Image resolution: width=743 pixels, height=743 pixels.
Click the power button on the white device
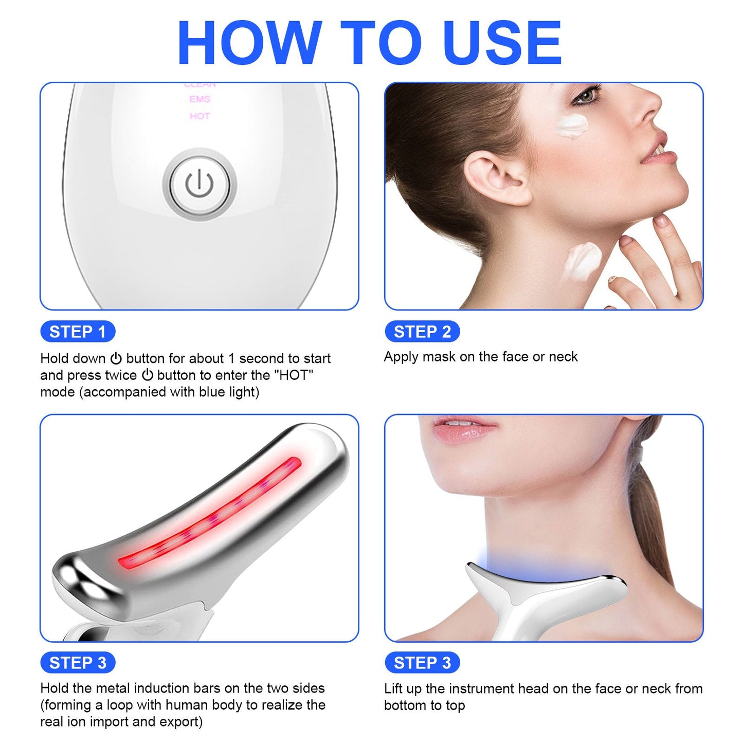coord(200,185)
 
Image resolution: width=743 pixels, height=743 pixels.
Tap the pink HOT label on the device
coord(200,116)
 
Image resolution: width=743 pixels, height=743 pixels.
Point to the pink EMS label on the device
coord(200,99)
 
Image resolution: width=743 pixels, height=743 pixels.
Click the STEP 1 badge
coord(78,332)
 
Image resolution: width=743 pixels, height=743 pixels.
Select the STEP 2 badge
coord(422,332)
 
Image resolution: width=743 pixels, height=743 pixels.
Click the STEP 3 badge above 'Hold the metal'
coord(78,663)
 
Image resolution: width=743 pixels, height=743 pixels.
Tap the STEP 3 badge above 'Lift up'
coord(422,663)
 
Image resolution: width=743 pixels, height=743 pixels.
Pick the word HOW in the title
coord(249,43)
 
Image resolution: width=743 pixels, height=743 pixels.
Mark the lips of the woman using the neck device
coord(463,428)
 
